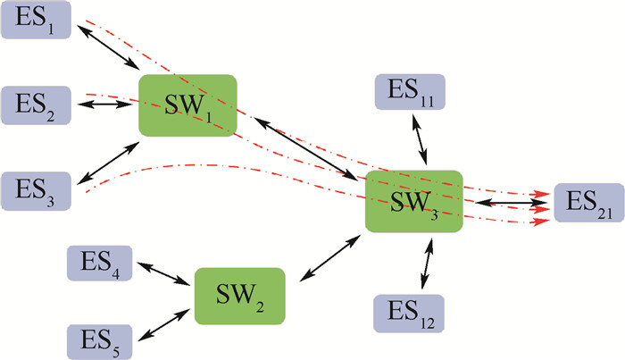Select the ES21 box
click(x=587, y=204)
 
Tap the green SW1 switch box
click(x=187, y=105)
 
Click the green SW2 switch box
click(x=239, y=295)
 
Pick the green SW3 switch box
click(x=414, y=202)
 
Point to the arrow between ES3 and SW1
click(x=107, y=163)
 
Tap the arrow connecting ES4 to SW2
click(x=165, y=272)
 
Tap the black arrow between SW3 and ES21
click(x=509, y=204)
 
